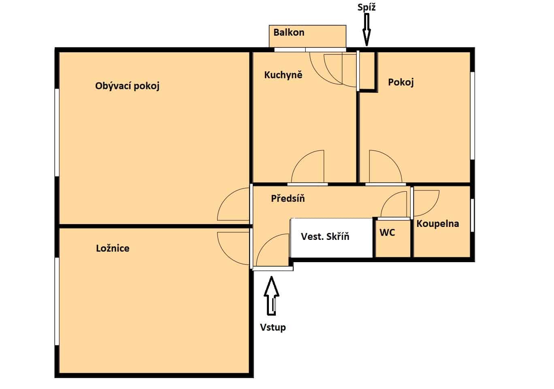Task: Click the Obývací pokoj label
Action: [127, 86]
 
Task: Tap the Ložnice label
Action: [113, 248]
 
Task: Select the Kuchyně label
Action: [283, 75]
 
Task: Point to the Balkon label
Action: [289, 32]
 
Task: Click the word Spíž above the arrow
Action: [366, 7]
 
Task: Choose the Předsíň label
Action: [288, 198]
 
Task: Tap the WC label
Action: [387, 232]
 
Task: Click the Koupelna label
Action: [438, 224]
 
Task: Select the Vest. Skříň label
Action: [325, 236]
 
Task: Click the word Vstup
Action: [273, 327]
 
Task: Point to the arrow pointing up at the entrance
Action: [271, 296]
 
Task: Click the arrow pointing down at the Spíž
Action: [366, 30]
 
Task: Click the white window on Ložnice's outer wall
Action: [57, 301]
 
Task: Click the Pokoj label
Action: [401, 82]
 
